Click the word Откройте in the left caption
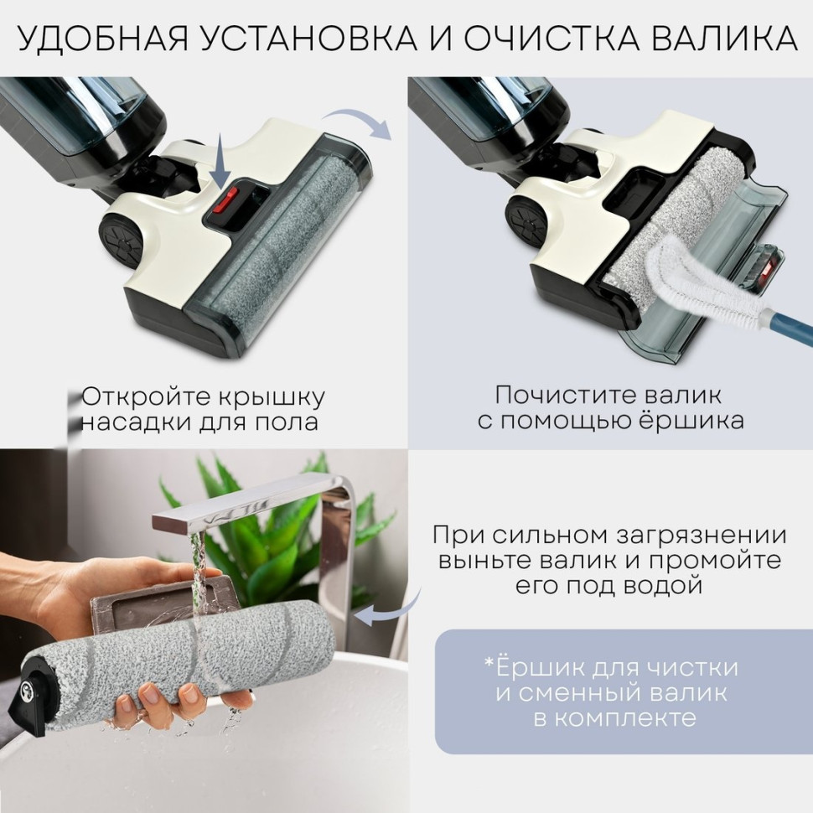tap(142, 396)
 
